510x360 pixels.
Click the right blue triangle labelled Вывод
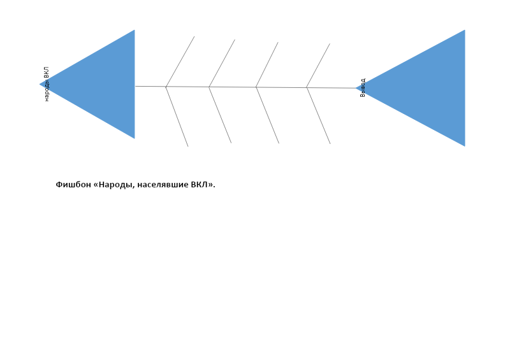point(428,88)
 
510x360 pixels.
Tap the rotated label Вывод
point(363,87)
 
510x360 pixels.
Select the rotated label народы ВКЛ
point(46,84)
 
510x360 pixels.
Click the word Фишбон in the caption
point(73,185)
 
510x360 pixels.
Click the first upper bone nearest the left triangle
point(180,61)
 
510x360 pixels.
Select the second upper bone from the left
point(222,64)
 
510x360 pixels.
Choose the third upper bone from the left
point(267,65)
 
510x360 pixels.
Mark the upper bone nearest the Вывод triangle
point(318,66)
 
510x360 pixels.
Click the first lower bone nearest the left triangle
point(177,117)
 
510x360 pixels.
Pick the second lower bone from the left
point(220,115)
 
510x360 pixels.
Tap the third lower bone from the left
point(267,115)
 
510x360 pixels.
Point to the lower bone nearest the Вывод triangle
point(318,116)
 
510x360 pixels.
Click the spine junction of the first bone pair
point(166,87)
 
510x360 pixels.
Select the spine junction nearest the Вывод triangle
point(307,87)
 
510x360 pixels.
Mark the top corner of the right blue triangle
point(465,30)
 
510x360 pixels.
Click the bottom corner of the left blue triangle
point(135,138)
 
